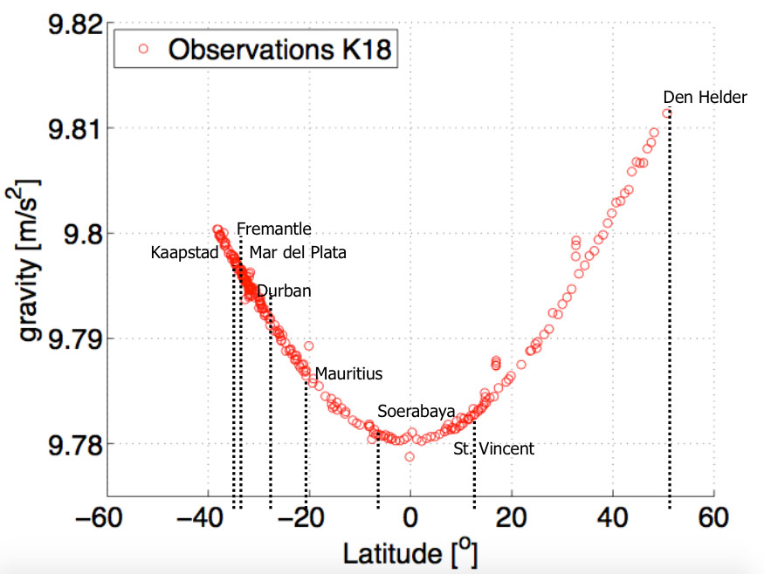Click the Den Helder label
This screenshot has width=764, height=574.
coord(705,98)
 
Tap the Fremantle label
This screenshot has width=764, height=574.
coord(273,229)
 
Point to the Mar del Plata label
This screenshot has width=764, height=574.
coord(298,254)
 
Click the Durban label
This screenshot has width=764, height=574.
coord(284,290)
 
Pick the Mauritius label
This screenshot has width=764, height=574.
coord(348,373)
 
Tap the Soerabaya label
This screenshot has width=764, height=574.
coord(416,411)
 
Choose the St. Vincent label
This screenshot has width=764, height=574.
coord(493,449)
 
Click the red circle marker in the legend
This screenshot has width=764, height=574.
coord(144,50)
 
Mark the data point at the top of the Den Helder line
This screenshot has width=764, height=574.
coord(667,113)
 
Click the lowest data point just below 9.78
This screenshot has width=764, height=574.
coord(410,456)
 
